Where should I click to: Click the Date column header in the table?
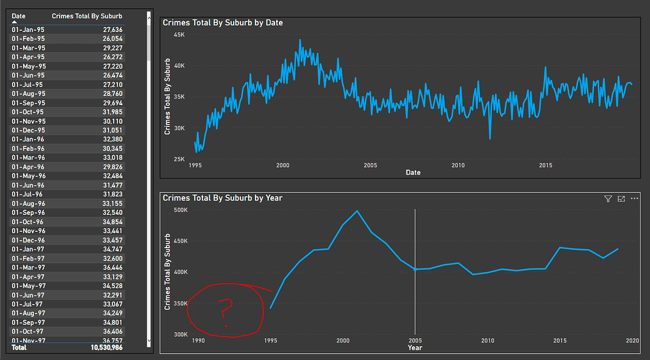click(19, 16)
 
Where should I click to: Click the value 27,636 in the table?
click(113, 30)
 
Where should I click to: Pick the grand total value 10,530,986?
click(107, 347)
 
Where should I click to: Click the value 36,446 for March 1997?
click(113, 268)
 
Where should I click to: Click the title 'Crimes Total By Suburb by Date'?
click(222, 23)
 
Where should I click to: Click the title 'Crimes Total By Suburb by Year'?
click(222, 198)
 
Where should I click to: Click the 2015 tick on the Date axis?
click(545, 165)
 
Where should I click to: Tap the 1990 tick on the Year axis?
click(198, 341)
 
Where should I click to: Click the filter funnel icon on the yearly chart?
click(608, 199)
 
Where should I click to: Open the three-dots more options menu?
click(635, 199)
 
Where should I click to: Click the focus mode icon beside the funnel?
click(621, 199)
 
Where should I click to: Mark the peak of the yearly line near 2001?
click(357, 211)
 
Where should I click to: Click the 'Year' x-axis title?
click(414, 347)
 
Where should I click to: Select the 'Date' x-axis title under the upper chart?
click(413, 172)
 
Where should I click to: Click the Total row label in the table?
click(19, 347)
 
